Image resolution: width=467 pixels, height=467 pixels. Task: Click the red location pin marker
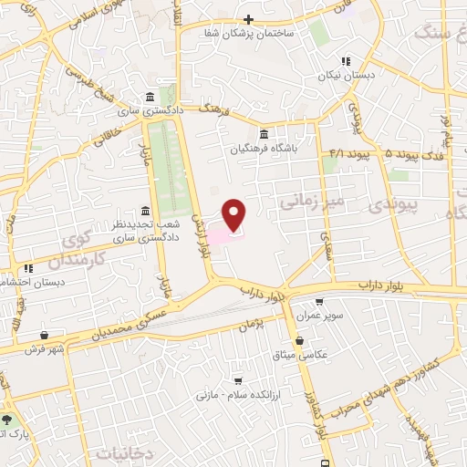click(x=234, y=214)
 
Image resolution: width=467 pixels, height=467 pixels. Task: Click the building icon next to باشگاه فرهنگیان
click(x=264, y=131)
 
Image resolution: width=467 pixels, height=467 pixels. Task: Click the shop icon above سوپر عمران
click(x=319, y=302)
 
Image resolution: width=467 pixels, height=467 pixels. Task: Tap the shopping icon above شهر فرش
click(x=46, y=335)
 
